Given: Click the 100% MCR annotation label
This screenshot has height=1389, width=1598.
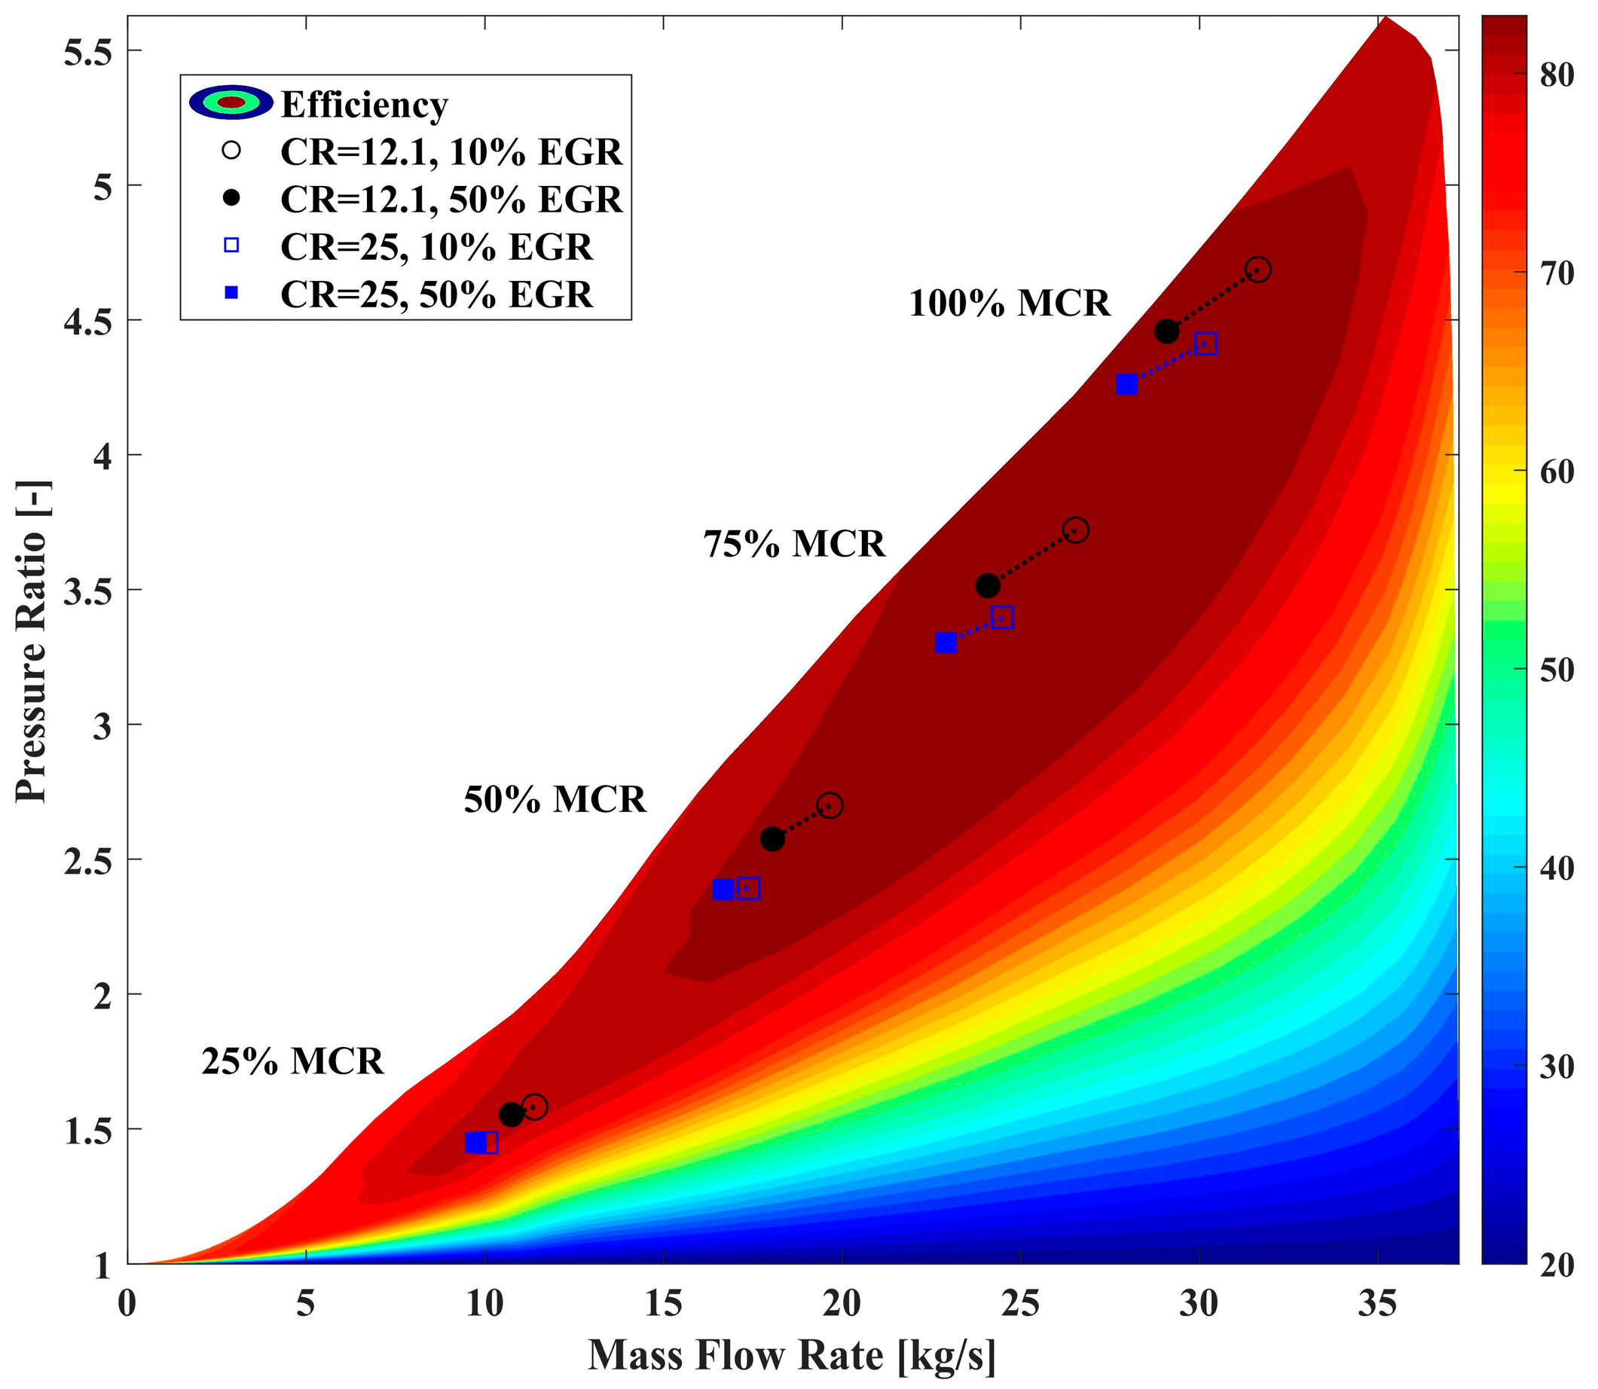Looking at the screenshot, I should [x=1009, y=303].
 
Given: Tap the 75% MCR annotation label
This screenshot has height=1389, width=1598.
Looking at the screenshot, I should [x=793, y=544].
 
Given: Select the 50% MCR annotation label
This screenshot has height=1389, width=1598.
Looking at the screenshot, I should [x=555, y=799].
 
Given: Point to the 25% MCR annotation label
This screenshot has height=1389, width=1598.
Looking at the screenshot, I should [x=292, y=1061].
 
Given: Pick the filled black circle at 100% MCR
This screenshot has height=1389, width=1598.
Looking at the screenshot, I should [x=1166, y=331].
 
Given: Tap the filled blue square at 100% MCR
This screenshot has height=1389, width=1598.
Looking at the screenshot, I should [x=1126, y=384].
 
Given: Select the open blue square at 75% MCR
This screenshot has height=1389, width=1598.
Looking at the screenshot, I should [x=1002, y=618].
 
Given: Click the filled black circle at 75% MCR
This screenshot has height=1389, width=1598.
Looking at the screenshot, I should [x=987, y=586].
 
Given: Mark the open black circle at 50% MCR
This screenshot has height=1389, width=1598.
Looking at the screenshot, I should [x=830, y=805].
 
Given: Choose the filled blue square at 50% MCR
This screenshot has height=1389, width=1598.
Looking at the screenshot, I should [x=723, y=889].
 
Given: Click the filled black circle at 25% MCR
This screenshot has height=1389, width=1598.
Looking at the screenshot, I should [x=511, y=1115].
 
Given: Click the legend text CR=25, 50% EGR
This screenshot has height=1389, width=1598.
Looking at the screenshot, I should [x=435, y=295].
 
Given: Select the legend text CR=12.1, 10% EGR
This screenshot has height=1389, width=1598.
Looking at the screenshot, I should [x=451, y=153].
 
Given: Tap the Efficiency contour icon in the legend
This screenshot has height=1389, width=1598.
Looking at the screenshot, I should [x=231, y=102].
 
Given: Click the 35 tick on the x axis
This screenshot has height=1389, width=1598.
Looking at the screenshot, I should [x=1378, y=1305].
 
